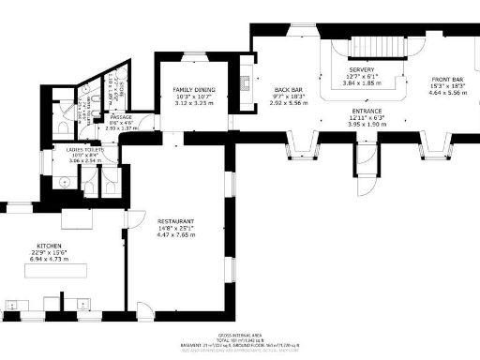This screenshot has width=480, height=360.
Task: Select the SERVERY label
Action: (x=362, y=70)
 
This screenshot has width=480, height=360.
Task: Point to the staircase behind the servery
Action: (x=390, y=46)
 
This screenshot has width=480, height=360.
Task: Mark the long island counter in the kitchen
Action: (x=55, y=270)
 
